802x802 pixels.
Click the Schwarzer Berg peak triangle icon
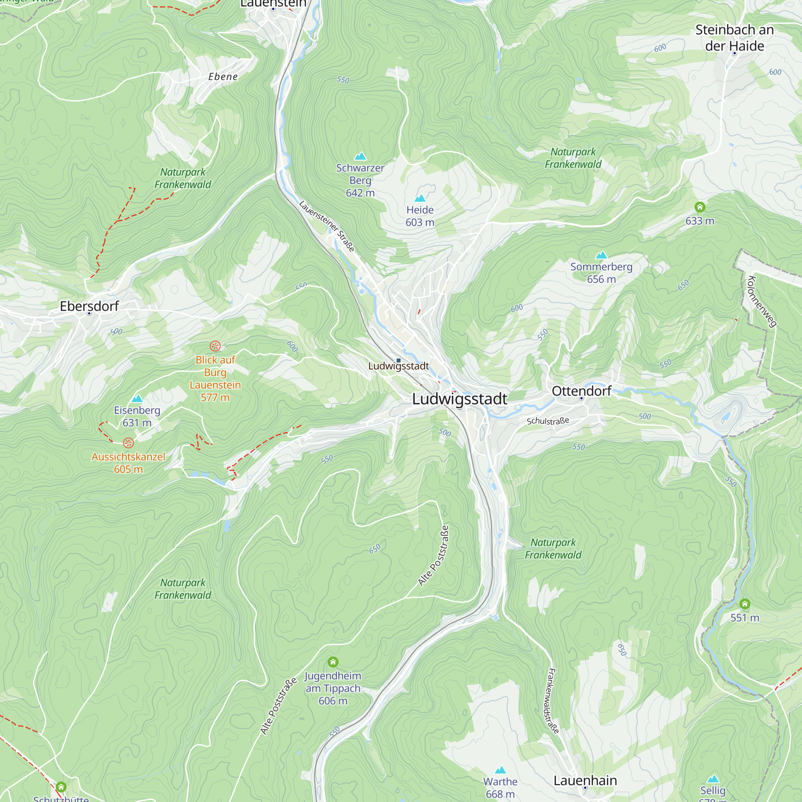pyautogui.click(x=360, y=156)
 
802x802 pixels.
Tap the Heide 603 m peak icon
pyautogui.click(x=420, y=198)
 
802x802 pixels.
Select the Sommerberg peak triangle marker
pyautogui.click(x=601, y=255)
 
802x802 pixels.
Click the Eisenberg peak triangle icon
pyautogui.click(x=137, y=399)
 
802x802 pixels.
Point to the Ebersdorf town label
pyautogui.click(x=89, y=306)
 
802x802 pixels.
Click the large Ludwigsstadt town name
pyautogui.click(x=460, y=399)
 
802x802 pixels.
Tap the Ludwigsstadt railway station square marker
pyautogui.click(x=399, y=360)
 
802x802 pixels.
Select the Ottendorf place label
pyautogui.click(x=581, y=391)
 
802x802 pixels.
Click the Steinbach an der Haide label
pyautogui.click(x=734, y=38)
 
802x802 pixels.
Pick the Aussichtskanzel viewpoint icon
pyautogui.click(x=129, y=443)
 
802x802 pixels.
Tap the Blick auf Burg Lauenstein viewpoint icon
pyautogui.click(x=215, y=346)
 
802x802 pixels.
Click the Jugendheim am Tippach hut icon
pyautogui.click(x=333, y=662)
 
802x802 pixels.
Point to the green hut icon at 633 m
pyautogui.click(x=700, y=207)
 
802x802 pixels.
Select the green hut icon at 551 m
pyautogui.click(x=745, y=604)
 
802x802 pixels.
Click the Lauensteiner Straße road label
pyautogui.click(x=327, y=226)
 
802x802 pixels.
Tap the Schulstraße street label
pyautogui.click(x=547, y=421)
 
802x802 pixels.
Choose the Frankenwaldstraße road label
pyautogui.click(x=553, y=700)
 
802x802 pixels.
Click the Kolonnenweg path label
pyautogui.click(x=761, y=302)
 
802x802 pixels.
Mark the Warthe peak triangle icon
pyautogui.click(x=500, y=770)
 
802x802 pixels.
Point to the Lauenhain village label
pyautogui.click(x=585, y=780)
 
